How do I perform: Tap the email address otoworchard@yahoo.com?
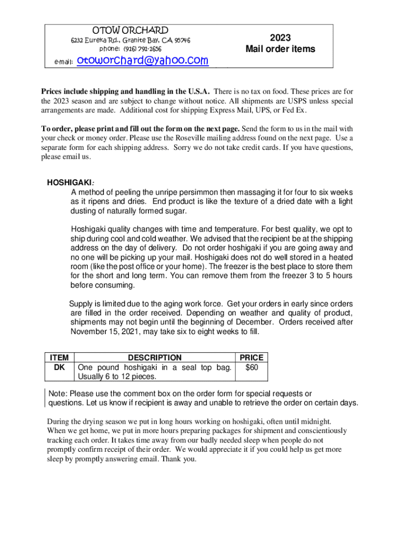tap(142, 61)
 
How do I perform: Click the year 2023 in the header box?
tap(280, 37)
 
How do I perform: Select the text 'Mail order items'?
tap(280, 49)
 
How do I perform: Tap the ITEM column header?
tap(59, 358)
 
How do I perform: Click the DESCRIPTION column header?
tap(155, 358)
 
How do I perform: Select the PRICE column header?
tap(251, 358)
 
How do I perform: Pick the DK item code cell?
tap(59, 367)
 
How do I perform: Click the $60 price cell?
tap(251, 367)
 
